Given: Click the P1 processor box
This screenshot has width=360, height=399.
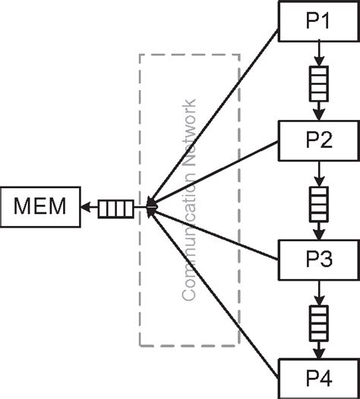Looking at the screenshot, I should pyautogui.click(x=318, y=20).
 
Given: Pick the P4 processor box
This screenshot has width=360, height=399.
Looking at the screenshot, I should pyautogui.click(x=318, y=377).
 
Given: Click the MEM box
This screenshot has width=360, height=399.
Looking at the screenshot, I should pyautogui.click(x=39, y=206).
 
